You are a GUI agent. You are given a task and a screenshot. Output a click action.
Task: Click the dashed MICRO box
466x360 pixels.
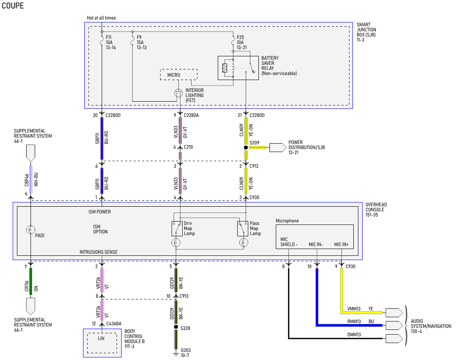click(179, 75)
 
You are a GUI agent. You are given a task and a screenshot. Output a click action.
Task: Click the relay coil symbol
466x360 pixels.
click(225, 68)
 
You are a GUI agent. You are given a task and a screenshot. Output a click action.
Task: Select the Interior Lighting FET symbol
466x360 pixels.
click(179, 93)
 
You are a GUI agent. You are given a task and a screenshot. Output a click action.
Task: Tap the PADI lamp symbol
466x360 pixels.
click(31, 230)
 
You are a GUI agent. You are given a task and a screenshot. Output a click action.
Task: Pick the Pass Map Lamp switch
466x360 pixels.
click(241, 228)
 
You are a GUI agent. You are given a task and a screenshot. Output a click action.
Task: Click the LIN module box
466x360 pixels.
click(102, 343)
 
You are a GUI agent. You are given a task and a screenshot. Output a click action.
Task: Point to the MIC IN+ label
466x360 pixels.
click(341, 244)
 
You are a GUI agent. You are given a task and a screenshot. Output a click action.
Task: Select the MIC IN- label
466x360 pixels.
click(316, 244)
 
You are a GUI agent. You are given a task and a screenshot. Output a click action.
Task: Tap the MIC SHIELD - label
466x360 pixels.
click(288, 242)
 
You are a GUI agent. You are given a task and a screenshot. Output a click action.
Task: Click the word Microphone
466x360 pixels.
click(287, 221)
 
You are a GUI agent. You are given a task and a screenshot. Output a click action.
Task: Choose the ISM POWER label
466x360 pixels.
click(100, 212)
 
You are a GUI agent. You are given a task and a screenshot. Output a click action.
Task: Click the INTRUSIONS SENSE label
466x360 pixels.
click(99, 252)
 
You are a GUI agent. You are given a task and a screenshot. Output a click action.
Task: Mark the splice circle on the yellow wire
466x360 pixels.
click(246, 147)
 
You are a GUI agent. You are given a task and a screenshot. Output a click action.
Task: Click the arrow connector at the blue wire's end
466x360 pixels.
click(394, 325)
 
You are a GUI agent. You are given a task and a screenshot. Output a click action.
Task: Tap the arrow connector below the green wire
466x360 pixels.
click(31, 306)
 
